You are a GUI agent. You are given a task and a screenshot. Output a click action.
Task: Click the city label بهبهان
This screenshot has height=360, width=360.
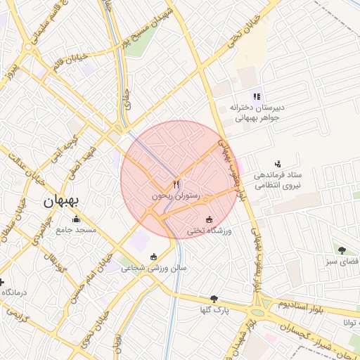point(62,201)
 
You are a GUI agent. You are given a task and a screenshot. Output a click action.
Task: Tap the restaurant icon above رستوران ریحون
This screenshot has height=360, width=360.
point(176,184)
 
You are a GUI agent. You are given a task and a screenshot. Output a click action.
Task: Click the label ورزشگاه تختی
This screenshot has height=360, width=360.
point(210,231)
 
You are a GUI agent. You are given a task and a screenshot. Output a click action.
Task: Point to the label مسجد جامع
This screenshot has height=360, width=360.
point(77,230)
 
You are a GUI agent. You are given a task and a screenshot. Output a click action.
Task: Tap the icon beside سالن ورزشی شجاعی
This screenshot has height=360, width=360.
point(155,257)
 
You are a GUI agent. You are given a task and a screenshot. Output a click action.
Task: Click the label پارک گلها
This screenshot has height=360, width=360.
point(214,310)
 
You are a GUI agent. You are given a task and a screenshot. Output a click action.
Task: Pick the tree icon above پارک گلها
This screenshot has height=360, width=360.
point(214,299)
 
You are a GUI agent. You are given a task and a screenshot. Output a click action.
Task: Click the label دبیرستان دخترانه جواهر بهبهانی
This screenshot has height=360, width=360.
point(257,113)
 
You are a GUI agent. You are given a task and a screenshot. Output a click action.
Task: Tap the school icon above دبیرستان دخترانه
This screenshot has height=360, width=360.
point(257,96)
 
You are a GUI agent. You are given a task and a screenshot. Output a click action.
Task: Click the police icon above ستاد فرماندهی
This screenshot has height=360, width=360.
point(278,163)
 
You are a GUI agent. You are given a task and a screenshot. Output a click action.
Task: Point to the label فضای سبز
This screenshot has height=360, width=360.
point(342,261)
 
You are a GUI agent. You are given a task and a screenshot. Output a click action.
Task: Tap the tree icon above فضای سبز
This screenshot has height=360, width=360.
point(342,250)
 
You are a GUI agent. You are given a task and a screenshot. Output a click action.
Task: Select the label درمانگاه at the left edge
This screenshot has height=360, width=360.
point(13,292)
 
